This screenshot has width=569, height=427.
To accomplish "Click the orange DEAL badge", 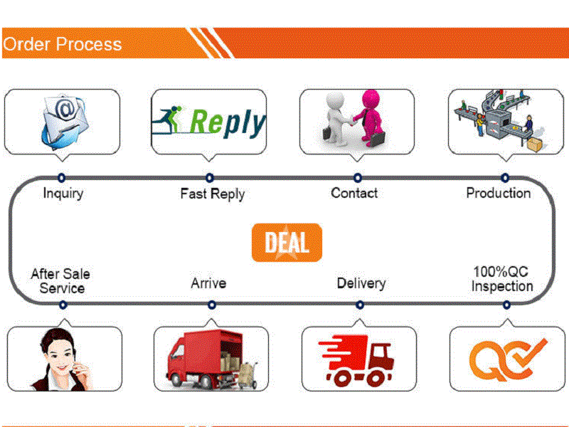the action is [287, 243].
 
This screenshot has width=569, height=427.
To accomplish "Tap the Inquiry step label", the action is [63, 193].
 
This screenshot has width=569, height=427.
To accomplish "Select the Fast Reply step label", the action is [212, 194].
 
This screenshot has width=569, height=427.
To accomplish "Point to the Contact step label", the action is [354, 193].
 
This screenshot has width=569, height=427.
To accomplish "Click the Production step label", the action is [499, 193].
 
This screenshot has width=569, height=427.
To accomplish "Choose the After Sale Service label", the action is [60, 281].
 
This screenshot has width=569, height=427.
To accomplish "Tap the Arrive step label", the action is [208, 283].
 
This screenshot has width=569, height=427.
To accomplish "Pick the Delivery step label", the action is [361, 283].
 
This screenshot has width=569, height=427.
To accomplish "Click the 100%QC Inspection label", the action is [502, 279].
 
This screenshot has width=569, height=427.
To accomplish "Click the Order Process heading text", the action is [62, 44].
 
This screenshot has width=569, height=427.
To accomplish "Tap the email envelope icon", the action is [65, 122].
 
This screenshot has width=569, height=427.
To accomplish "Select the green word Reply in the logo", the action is [228, 122].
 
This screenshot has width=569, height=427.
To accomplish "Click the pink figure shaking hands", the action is [369, 118].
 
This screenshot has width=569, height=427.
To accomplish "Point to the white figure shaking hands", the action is [336, 119].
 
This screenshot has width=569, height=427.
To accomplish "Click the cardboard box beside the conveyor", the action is [535, 144].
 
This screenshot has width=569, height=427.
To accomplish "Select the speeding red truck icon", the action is [356, 360].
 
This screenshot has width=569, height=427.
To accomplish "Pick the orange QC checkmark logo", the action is [507, 359].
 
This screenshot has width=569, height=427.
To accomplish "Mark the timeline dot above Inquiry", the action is [62, 177].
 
